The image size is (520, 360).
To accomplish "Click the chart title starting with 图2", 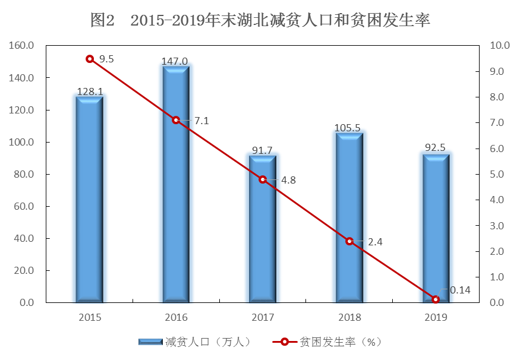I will (x=260, y=20).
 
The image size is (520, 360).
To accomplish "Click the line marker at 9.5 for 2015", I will (x=90, y=59).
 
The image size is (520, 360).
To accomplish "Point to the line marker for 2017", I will (x=263, y=179).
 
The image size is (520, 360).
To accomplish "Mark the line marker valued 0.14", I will (x=436, y=299).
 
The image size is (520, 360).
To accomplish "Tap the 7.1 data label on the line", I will (x=201, y=121).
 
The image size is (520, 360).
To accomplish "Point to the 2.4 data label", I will (x=375, y=242).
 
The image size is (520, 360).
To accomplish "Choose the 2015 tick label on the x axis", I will (x=90, y=317).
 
